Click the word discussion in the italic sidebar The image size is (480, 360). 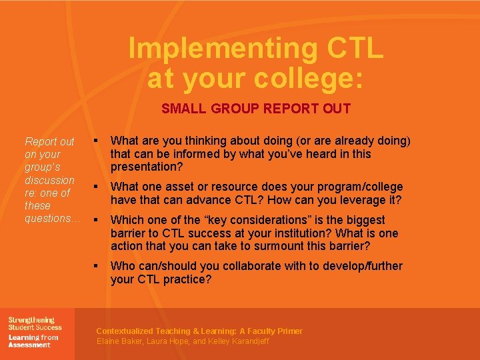click(49, 180)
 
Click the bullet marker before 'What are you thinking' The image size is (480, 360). click(97, 141)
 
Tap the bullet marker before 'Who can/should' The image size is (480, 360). click(97, 265)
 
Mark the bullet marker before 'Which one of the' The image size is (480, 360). click(97, 219)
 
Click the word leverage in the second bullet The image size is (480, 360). click(359, 200)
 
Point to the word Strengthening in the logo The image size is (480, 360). click(31, 320)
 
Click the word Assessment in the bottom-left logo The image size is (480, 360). click(29, 345)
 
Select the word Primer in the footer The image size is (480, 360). click(287, 331)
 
